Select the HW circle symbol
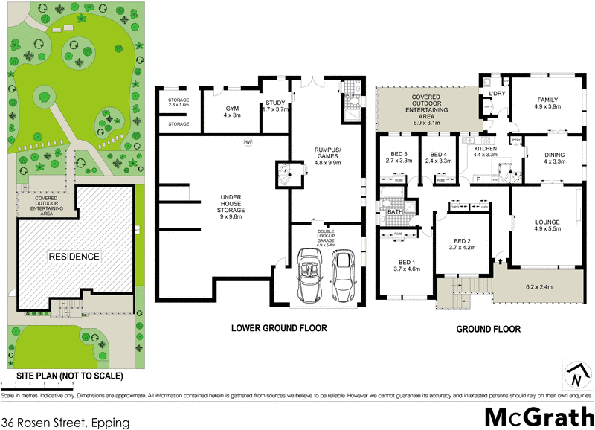(247, 142)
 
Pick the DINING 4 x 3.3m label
(555, 158)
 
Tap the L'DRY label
(497, 94)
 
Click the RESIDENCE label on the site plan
(74, 256)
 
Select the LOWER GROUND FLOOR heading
(278, 328)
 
